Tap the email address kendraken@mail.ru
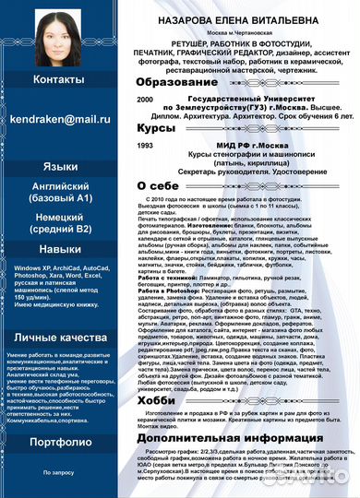tap(60, 119)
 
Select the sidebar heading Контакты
tap(59, 80)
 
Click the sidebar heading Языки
tap(60, 167)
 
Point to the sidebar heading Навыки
tap(60, 223)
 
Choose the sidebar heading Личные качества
tap(60, 338)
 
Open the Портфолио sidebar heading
tap(60, 442)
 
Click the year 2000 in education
tap(145, 99)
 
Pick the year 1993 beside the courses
tap(145, 145)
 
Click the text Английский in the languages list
tap(60, 185)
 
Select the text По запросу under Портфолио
tap(59, 471)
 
